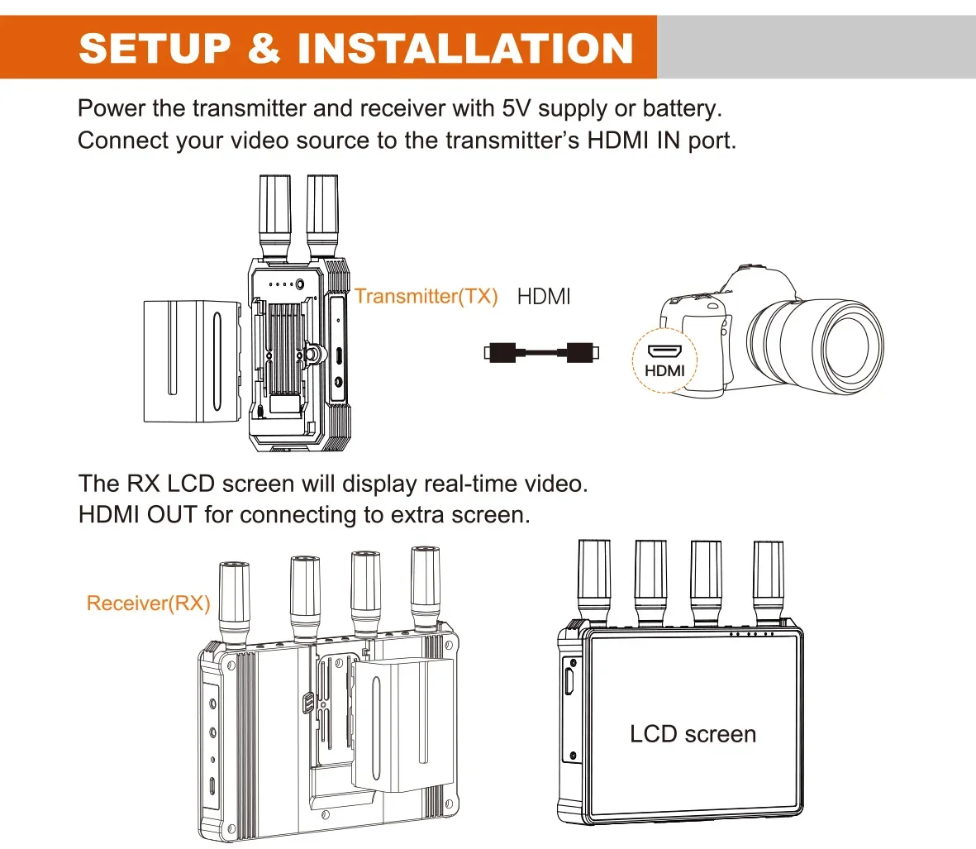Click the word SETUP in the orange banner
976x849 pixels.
155,49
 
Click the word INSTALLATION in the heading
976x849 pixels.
465,49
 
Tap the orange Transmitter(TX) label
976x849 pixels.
426,296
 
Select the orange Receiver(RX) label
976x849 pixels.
148,603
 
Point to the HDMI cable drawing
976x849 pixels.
541,353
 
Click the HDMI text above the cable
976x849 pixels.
543,296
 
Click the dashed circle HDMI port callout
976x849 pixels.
664,361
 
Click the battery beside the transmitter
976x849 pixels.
192,360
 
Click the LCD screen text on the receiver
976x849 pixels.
693,734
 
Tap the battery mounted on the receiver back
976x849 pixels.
403,723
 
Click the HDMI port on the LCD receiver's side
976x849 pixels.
569,682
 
